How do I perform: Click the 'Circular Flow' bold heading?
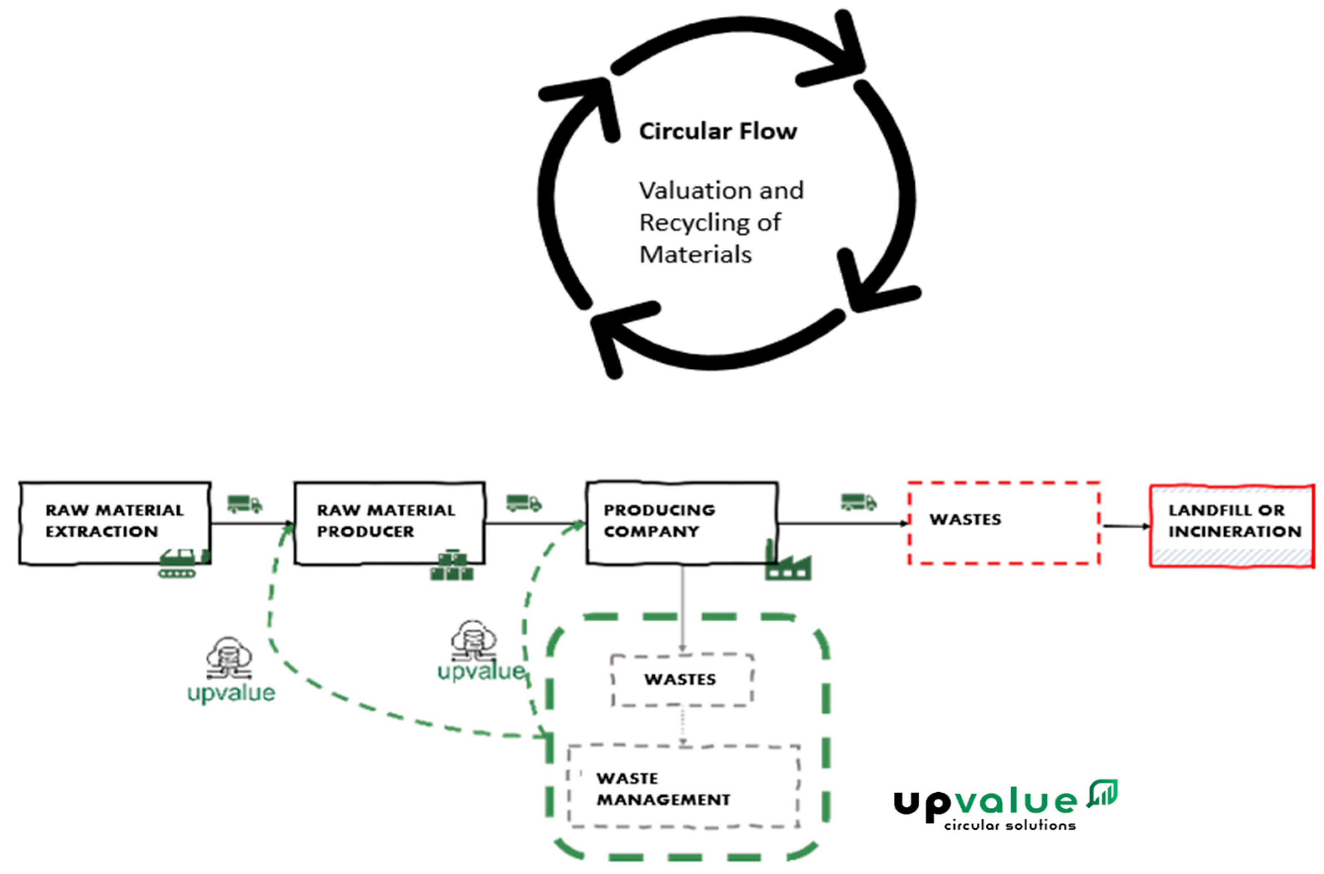[x=718, y=132]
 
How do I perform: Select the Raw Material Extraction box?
[x=115, y=522]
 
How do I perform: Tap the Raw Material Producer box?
[x=389, y=522]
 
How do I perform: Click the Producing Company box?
[x=682, y=522]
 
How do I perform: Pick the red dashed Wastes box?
[x=1003, y=522]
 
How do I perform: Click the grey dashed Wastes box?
[x=682, y=680]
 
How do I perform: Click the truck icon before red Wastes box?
[x=858, y=502]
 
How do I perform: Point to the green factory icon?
[x=787, y=563]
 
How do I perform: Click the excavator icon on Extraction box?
[x=183, y=563]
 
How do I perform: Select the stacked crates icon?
[x=451, y=566]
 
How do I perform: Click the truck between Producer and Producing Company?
[x=523, y=503]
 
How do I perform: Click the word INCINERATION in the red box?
[x=1235, y=532]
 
